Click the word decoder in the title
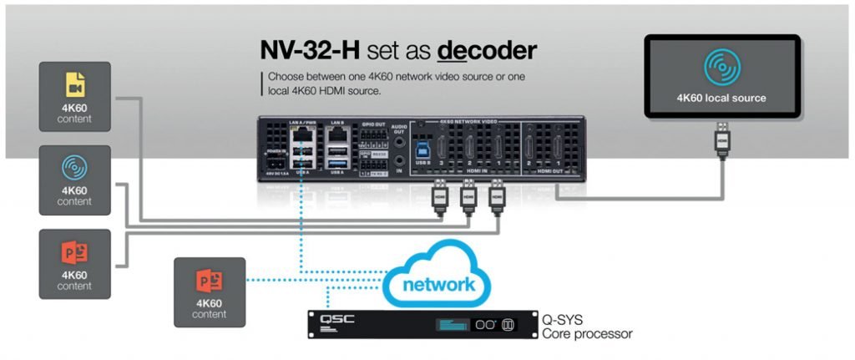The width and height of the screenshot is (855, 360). (487, 51)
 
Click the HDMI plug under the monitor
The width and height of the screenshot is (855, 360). (721, 143)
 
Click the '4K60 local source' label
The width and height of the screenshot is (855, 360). (721, 98)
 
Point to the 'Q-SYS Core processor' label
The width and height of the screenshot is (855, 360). (587, 325)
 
